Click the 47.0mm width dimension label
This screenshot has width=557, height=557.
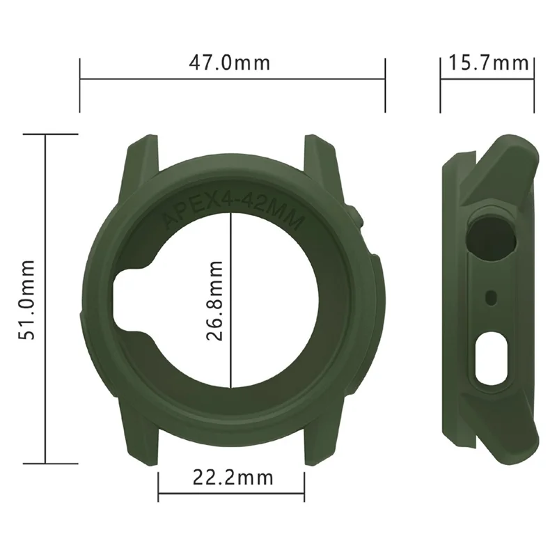[229, 63]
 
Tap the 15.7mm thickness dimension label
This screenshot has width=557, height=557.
[487, 63]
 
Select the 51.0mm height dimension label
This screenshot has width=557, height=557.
[27, 299]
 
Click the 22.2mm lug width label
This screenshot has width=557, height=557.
[233, 478]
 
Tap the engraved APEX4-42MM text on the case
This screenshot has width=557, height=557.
[231, 212]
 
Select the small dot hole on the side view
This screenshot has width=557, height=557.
[492, 297]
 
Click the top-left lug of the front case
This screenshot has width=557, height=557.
[143, 157]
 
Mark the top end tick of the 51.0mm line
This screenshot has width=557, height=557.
[46, 134]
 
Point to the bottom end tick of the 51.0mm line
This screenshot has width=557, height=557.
[46, 463]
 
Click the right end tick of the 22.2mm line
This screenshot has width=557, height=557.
[304, 480]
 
